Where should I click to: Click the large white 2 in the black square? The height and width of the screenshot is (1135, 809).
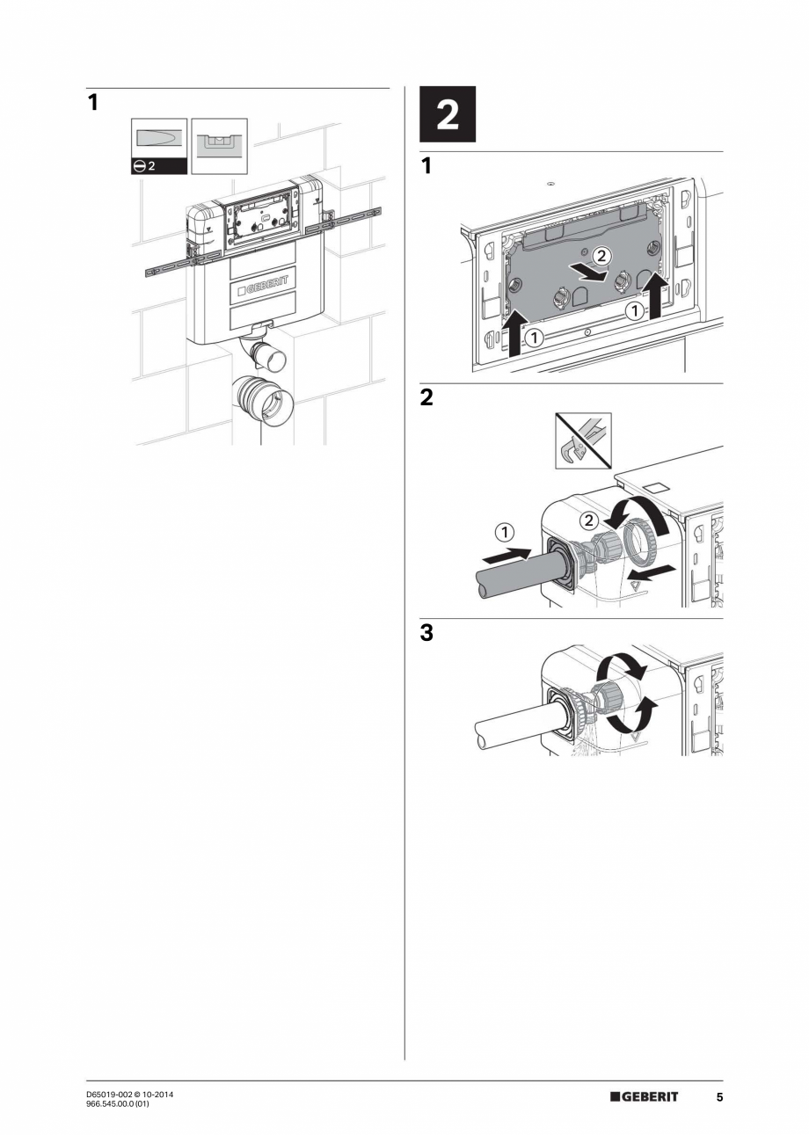(448, 114)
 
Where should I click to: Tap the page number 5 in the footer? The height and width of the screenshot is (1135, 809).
(718, 1097)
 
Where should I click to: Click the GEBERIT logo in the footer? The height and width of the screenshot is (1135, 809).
(645, 1097)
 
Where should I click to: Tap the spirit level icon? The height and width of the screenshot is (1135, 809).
(219, 146)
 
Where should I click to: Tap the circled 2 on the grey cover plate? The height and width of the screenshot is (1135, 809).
(600, 256)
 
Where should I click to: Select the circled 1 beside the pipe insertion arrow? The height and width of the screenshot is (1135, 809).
(505, 531)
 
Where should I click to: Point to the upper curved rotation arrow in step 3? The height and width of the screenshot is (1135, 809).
(623, 670)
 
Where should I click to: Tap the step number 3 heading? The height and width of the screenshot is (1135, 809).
(426, 632)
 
